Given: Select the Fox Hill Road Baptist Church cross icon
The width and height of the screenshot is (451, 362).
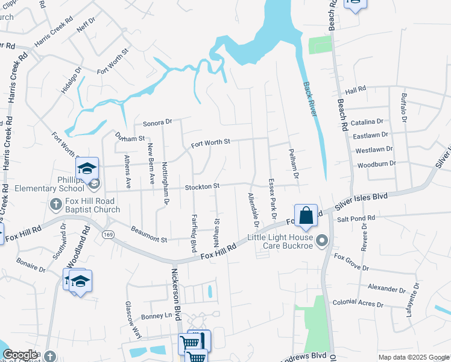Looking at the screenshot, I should tap(55, 204).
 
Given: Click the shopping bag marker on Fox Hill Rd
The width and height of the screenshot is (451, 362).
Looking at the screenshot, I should tap(306, 215).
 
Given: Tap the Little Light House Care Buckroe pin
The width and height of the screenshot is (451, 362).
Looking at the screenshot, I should tap(323, 241).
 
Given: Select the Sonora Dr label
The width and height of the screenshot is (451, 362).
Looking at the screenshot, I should tap(157, 123).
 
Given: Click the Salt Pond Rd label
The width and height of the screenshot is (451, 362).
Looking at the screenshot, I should tap(356, 218).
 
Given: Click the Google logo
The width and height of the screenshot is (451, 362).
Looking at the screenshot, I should tap(20, 355).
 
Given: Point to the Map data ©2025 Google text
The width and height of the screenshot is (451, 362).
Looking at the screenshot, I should tap(413, 357).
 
